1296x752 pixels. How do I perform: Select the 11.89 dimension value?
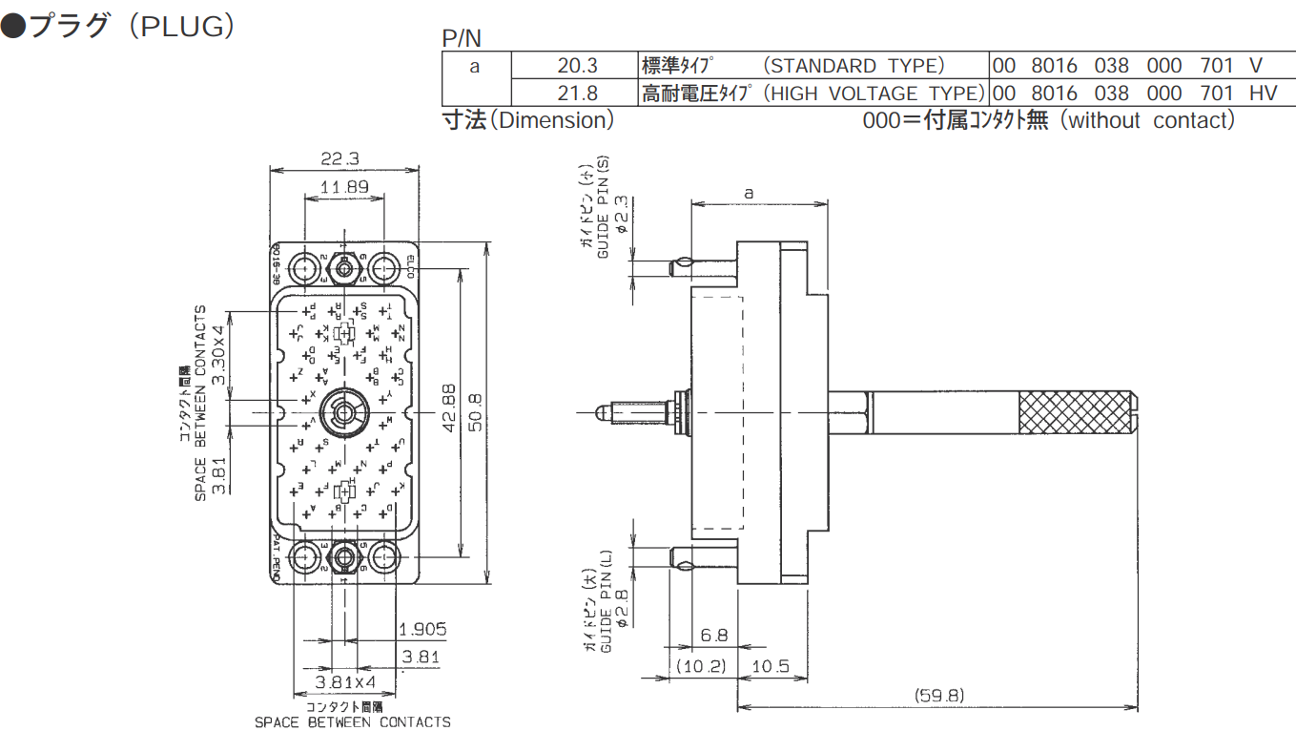click(x=344, y=187)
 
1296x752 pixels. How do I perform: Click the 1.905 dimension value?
click(x=422, y=630)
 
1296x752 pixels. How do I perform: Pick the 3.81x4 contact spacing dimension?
click(x=345, y=683)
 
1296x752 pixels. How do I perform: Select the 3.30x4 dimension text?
click(x=217, y=354)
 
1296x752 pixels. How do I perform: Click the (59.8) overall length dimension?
click(x=938, y=695)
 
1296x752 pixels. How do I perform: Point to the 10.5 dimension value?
click(x=771, y=666)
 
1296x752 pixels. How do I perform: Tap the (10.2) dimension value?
click(x=700, y=666)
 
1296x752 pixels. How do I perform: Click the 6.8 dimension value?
click(x=713, y=636)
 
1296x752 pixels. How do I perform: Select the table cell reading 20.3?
click(x=577, y=66)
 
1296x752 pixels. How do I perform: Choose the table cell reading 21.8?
click(x=577, y=93)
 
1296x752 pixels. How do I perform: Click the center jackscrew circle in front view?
click(x=344, y=411)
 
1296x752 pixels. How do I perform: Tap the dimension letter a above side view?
click(x=749, y=193)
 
